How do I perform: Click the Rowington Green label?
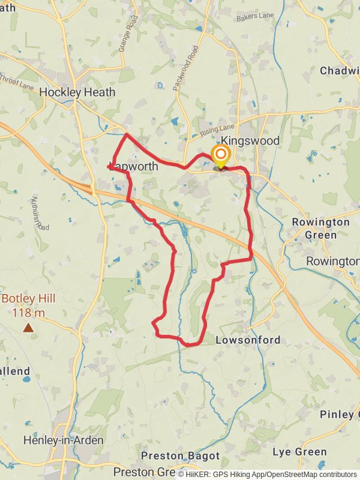[321, 229]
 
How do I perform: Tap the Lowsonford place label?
[248, 340]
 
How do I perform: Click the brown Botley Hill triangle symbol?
[28, 328]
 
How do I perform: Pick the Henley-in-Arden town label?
[63, 440]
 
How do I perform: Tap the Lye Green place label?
[299, 451]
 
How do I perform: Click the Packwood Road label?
[185, 68]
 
